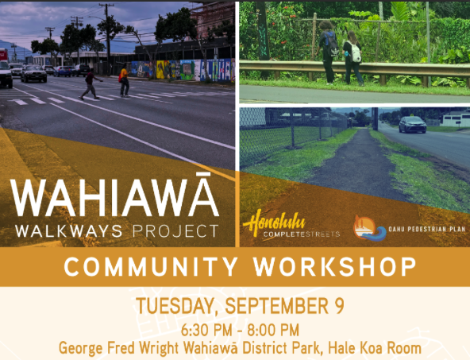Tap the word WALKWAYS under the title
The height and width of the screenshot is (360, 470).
tap(69, 231)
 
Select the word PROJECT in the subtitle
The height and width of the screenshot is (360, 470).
tap(175, 231)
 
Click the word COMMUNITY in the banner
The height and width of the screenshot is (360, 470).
tap(151, 267)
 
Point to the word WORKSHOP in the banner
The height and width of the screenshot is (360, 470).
tap(335, 267)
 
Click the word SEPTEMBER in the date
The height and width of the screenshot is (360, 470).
tap(275, 306)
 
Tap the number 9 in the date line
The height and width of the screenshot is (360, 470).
tap(339, 306)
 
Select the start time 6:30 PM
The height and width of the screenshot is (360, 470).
tap(207, 331)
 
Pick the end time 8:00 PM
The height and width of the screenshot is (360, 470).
tap(273, 331)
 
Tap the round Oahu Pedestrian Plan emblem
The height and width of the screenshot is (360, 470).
tap(368, 228)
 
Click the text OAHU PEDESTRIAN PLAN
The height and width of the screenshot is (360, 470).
tap(427, 230)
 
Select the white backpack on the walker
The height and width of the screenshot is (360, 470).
tap(355, 52)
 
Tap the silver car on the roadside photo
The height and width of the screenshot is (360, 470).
tap(413, 125)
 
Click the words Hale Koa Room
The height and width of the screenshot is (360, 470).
tap(375, 348)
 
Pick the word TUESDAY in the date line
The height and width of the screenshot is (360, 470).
tap(176, 307)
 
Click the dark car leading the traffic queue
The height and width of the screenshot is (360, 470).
tap(33, 73)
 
